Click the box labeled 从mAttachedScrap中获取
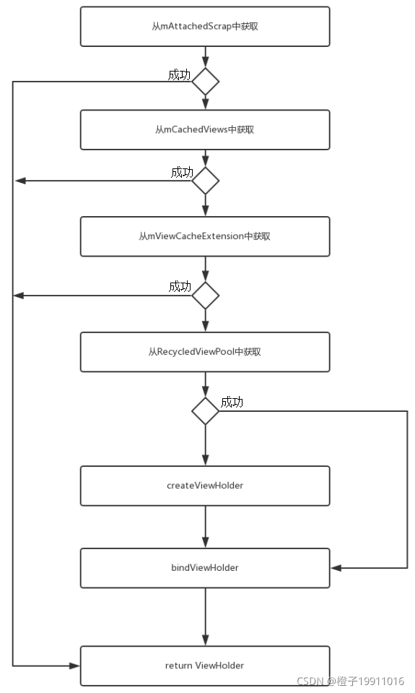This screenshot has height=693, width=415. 205,26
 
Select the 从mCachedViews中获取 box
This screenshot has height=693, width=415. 205,130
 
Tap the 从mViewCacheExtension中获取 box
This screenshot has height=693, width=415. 205,236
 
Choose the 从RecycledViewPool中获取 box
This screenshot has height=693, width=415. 205,352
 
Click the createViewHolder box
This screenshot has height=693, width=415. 205,486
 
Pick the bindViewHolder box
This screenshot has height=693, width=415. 205,568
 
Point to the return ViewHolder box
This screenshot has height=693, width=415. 205,666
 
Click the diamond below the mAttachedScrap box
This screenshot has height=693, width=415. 205,82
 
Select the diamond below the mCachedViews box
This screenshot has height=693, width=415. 205,180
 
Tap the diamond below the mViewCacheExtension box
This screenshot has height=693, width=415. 205,296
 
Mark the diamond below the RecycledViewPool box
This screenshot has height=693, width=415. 205,411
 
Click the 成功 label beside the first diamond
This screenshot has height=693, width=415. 179,74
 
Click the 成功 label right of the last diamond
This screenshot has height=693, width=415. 232,403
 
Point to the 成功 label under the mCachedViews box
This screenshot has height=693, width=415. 182,172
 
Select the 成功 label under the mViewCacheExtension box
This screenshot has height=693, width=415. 180,287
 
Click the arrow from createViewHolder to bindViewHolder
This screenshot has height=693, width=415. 205,527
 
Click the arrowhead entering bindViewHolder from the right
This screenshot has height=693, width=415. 336,568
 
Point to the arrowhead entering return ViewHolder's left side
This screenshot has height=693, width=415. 74,666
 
